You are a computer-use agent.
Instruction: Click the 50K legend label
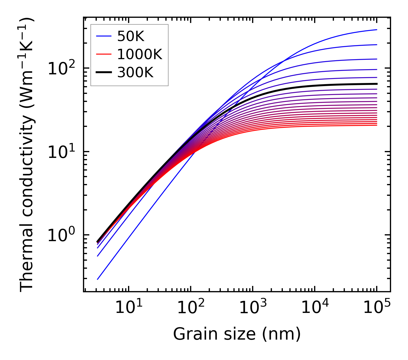[131, 36]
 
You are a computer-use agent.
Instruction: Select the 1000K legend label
[140, 55]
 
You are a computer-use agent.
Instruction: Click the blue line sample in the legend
[104, 36]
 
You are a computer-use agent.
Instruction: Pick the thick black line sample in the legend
[104, 73]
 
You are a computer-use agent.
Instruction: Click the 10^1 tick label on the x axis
[128, 308]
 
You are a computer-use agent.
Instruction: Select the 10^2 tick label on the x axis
[190, 308]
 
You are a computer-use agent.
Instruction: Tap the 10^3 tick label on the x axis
[252, 308]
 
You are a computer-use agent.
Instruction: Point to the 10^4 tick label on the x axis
[315, 308]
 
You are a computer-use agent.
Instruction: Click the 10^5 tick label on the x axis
[377, 308]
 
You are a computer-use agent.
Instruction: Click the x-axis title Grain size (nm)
[237, 334]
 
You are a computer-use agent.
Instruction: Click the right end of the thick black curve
[377, 84]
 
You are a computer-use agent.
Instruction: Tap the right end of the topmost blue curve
[377, 30]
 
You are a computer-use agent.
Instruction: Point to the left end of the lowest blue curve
[98, 279]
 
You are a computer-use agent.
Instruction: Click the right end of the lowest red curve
[377, 125]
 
